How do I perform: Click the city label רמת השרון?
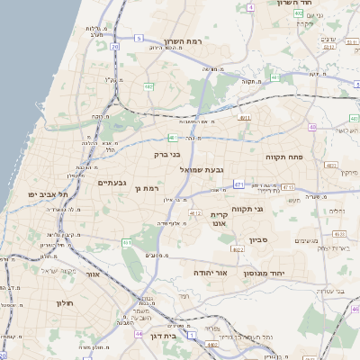(185, 42)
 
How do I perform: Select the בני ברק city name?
(169, 154)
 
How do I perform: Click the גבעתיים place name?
(112, 183)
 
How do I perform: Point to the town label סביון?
(258, 240)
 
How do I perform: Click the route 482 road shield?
(148, 86)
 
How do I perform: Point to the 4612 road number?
(195, 213)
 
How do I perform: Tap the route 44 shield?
(139, 334)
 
